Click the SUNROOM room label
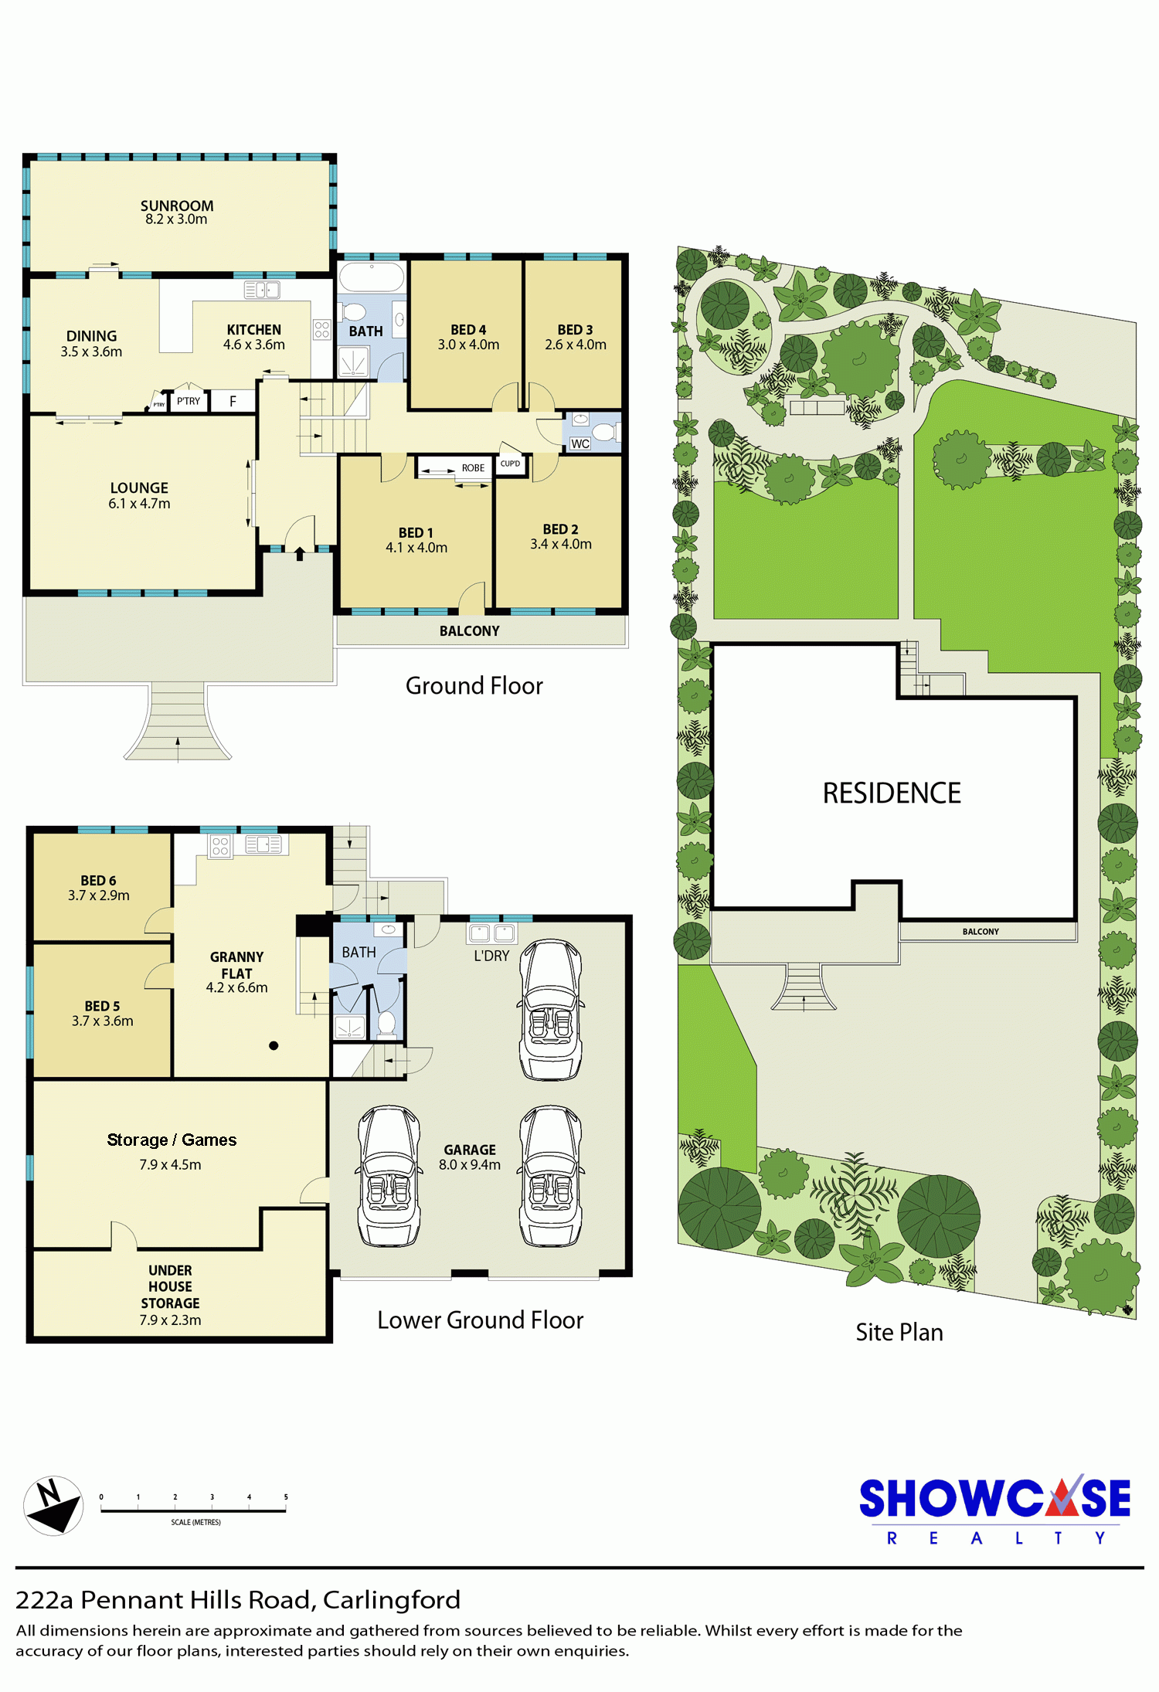177,212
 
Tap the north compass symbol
53,1505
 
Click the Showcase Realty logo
995,1510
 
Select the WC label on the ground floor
579,443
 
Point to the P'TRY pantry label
189,401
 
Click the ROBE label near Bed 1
473,468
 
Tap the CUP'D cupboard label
510,464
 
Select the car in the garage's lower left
389,1176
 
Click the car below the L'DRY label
551,1010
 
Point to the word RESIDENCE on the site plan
892,793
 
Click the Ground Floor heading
474,686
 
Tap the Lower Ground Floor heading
480,1320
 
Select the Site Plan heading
899,1333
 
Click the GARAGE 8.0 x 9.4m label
470,1157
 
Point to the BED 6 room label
99,888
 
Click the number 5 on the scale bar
286,1497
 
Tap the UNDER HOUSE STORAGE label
170,1295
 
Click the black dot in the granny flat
274,1046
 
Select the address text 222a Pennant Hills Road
165,1600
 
